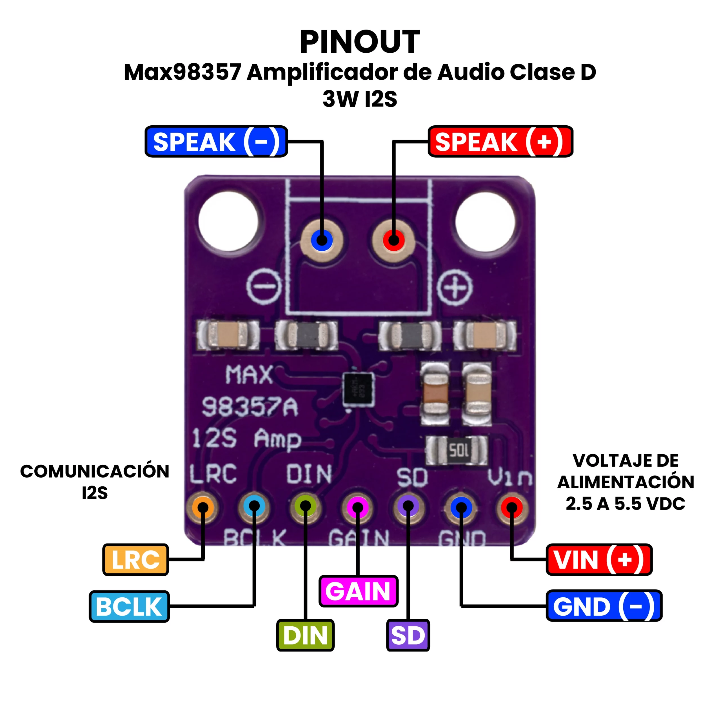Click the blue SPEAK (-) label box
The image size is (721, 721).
tap(216, 141)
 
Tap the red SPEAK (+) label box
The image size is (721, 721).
tap(500, 141)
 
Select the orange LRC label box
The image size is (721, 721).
tap(135, 559)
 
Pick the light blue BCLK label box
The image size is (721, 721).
tap(129, 606)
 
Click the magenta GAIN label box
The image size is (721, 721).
tap(358, 591)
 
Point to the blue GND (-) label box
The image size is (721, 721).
tap(604, 606)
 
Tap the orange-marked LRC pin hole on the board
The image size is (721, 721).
tap(203, 508)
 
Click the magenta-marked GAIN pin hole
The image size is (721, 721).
tap(357, 508)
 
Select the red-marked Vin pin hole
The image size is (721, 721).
tap(512, 508)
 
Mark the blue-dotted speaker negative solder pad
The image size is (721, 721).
tap(322, 240)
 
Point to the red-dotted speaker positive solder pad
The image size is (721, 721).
tap(393, 240)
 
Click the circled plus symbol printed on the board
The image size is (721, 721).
tap(455, 287)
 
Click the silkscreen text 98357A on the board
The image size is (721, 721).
tap(250, 407)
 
